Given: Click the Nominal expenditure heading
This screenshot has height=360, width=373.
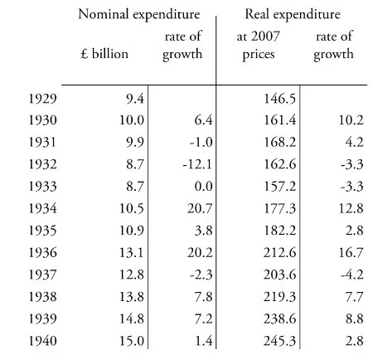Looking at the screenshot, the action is tap(139, 15).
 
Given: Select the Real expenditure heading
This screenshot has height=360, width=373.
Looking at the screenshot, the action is tap(293, 15).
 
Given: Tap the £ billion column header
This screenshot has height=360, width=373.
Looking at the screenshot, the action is tap(104, 54).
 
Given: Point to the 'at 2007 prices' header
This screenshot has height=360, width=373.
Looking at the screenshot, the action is tap(259, 45).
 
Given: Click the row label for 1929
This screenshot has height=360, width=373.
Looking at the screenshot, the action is tap(43, 99).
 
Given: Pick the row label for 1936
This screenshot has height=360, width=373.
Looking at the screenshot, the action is tap(43, 253).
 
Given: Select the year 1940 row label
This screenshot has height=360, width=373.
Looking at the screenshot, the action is tap(43, 341).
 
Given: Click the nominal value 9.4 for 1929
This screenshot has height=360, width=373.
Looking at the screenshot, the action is tap(135, 99).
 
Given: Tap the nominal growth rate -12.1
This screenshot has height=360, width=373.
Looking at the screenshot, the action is tap(197, 164).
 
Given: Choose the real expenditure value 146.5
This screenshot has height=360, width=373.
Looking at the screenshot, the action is tap(280, 99).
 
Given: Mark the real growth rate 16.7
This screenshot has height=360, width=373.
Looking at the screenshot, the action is tap(351, 253).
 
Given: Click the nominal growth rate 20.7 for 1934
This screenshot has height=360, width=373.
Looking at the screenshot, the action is tap(200, 208).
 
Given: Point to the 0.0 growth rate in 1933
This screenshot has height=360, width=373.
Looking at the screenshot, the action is tap(204, 187).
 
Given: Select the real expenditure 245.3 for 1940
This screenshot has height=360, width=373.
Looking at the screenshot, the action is tap(280, 341).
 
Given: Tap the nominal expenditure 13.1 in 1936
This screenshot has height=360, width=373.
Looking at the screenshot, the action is tap(132, 253).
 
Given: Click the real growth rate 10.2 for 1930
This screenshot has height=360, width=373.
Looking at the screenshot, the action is tap(351, 120).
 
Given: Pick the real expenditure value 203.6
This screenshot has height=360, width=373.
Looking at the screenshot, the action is tap(280, 275).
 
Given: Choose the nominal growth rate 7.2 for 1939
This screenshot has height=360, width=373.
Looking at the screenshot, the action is tap(204, 319).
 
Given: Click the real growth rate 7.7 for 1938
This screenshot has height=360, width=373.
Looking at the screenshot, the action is tap(355, 297).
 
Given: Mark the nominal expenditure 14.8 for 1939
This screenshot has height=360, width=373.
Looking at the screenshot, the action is tap(132, 319).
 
